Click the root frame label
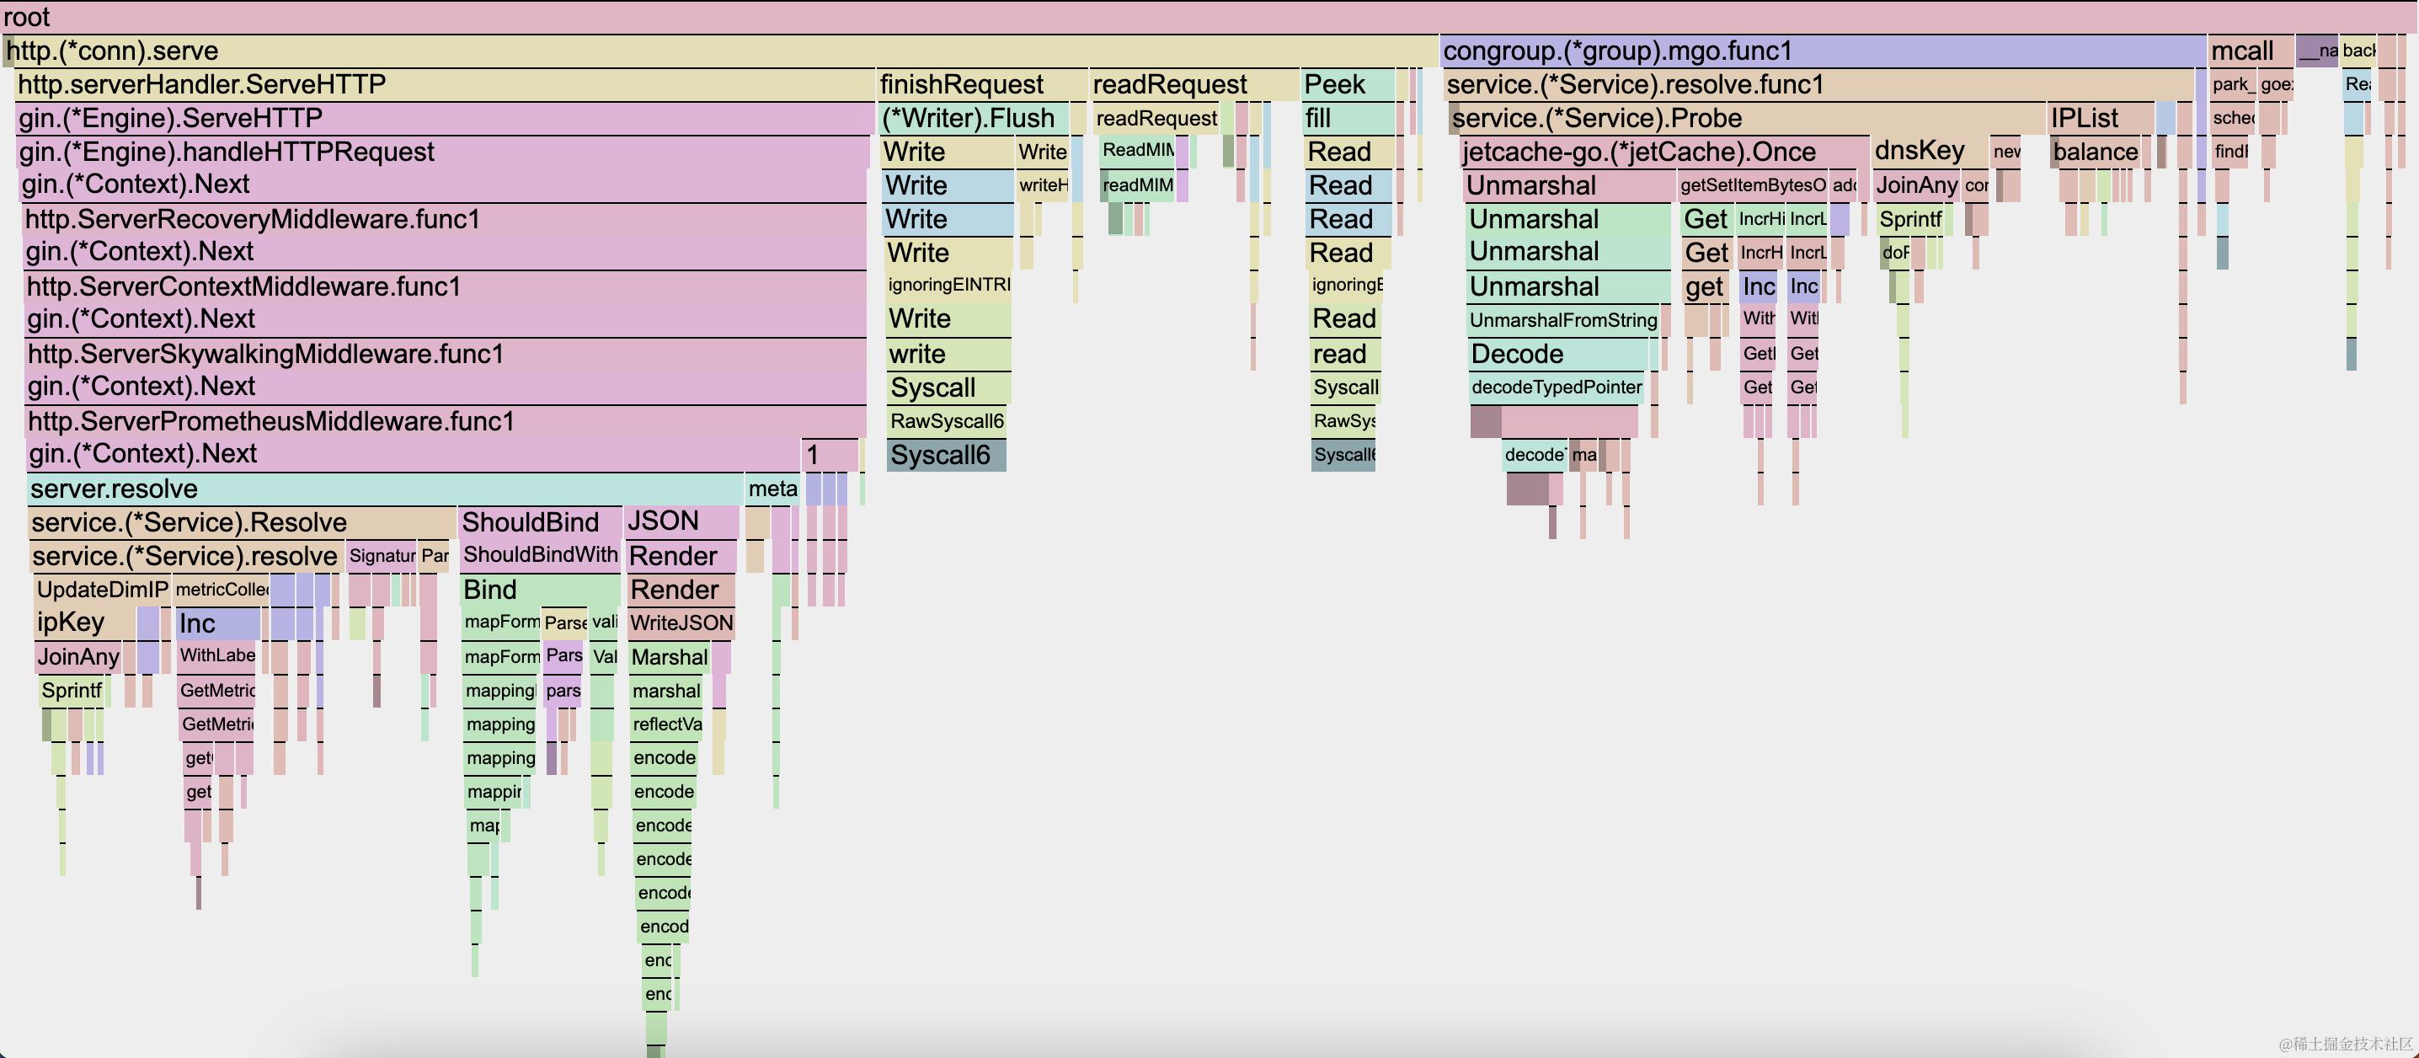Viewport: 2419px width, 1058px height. (26, 17)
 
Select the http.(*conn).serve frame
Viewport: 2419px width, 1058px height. (113, 51)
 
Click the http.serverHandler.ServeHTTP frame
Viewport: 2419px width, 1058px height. (202, 84)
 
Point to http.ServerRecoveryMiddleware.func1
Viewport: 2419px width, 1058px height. (253, 220)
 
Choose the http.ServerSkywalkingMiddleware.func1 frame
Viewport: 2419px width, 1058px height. (266, 354)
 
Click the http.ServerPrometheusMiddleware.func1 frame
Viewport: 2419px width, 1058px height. (271, 421)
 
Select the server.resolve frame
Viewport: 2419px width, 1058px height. (114, 489)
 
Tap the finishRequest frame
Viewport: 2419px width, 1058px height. (962, 84)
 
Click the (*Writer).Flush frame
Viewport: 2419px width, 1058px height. (968, 118)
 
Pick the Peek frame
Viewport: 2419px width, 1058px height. (1334, 84)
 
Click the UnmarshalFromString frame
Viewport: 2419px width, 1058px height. (1562, 320)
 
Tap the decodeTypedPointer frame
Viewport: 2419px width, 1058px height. (1556, 387)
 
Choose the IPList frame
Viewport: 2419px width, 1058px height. (2085, 118)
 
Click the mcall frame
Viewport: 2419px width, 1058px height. (2241, 51)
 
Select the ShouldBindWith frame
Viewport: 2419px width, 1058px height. (540, 555)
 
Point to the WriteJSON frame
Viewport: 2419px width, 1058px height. (681, 623)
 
